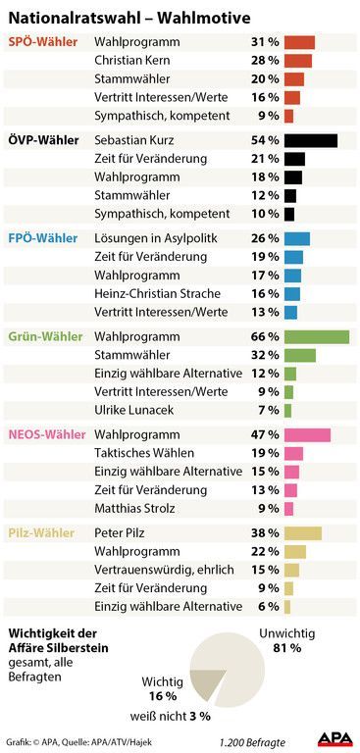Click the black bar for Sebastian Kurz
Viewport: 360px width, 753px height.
311,141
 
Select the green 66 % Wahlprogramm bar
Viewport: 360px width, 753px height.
317,336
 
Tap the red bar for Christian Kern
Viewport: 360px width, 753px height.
298,61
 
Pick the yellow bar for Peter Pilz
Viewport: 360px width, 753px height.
303,533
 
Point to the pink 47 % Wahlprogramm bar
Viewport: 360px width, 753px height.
308,435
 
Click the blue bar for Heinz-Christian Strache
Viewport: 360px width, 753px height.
292,294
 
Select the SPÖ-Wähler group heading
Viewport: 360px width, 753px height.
43,42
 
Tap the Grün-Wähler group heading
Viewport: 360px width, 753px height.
46,336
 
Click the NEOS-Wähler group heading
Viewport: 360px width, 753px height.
47,435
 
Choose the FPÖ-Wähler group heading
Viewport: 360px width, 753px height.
43,238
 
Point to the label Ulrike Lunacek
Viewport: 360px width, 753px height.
134,410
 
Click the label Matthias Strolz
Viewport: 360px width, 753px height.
134,508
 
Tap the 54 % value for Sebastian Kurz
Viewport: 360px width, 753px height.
265,141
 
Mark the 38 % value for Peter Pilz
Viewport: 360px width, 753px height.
265,533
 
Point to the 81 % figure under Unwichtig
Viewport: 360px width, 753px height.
287,648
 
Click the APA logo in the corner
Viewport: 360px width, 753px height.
335,740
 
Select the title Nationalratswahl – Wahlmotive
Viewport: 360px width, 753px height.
129,19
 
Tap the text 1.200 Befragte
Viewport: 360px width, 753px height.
252,741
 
